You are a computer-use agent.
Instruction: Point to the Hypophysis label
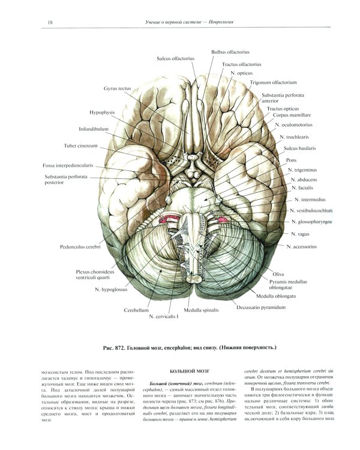(x=103, y=112)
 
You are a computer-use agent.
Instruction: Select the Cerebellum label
(x=137, y=310)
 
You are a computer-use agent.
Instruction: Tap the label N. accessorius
(x=306, y=246)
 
